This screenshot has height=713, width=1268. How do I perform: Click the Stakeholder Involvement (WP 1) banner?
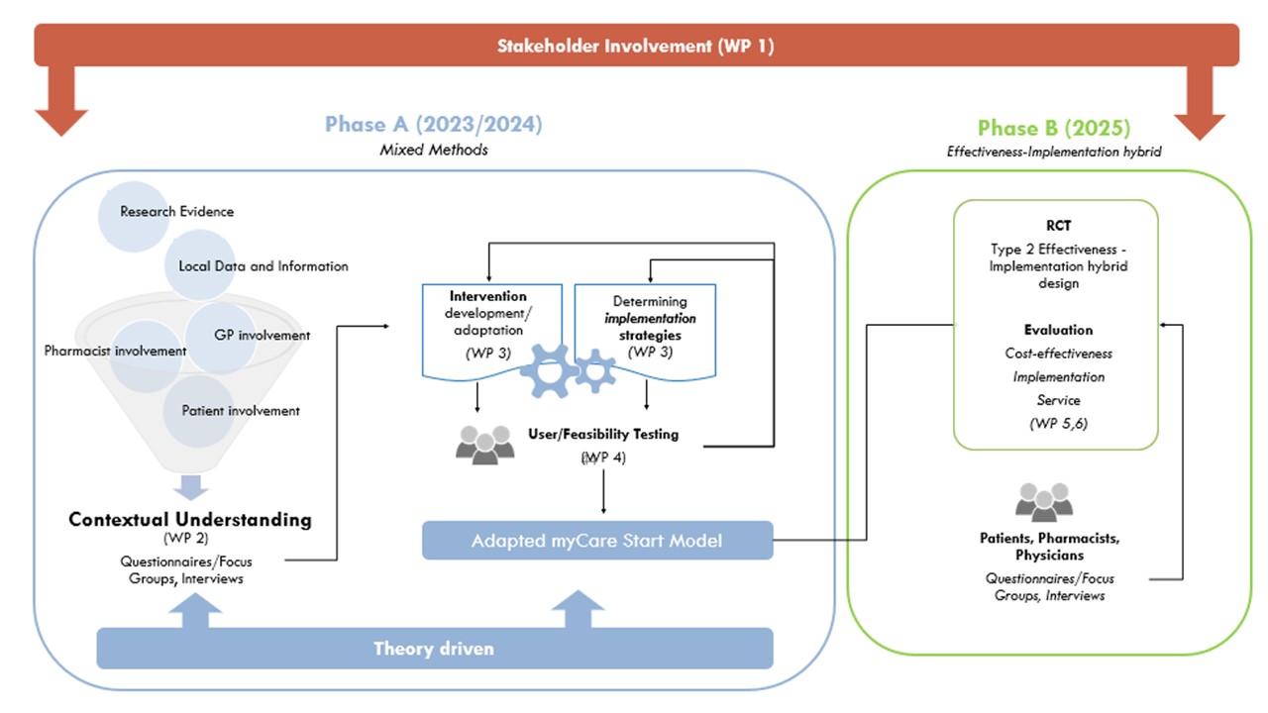point(635,46)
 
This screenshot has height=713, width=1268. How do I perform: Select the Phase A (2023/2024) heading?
point(433,125)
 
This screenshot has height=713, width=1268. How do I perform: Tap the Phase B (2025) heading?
point(1053,128)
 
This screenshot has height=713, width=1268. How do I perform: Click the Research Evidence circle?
point(149,211)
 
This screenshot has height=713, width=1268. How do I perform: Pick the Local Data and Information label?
point(264,266)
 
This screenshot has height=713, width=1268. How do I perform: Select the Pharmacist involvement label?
point(115,351)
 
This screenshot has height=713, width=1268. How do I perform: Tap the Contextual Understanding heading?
point(189,519)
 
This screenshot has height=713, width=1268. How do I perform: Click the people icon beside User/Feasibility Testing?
point(485,443)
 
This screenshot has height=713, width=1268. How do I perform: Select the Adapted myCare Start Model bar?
point(597,541)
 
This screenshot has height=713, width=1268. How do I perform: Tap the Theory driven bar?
point(434,649)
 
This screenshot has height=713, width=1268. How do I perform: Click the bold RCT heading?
point(1058,226)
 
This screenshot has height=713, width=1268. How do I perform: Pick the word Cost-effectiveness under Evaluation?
point(1058,354)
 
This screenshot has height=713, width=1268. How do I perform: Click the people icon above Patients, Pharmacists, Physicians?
point(1044,502)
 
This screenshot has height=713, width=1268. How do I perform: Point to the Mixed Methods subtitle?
point(434,150)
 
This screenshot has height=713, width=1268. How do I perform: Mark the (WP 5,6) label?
point(1058,425)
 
